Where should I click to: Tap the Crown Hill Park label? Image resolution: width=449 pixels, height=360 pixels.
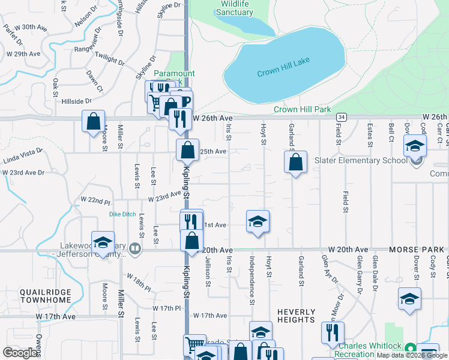coord(303,109)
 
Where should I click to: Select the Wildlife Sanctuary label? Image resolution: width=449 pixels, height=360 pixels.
coord(235,8)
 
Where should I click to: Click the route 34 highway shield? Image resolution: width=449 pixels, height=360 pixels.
coord(342,116)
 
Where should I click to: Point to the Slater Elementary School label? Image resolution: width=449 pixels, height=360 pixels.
coord(358,161)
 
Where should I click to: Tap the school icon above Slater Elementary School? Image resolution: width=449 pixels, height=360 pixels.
coord(415,146)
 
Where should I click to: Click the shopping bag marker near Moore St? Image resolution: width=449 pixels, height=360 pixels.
coord(93,122)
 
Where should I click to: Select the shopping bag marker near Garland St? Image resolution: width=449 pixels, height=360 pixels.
coord(295,162)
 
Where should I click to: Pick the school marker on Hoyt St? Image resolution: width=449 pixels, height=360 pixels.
coord(258,222)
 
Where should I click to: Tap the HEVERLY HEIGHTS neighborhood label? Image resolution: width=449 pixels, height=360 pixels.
coord(296,316)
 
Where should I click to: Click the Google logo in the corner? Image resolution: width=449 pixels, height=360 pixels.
coord(20,353)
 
